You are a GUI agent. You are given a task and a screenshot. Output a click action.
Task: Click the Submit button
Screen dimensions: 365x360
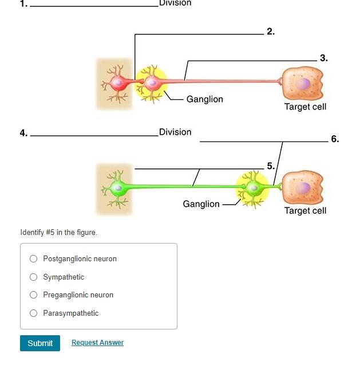(x=40, y=343)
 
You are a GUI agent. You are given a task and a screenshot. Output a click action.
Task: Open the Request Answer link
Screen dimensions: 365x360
(x=97, y=343)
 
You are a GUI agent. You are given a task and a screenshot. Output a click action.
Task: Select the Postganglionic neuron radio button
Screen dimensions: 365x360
(x=34, y=259)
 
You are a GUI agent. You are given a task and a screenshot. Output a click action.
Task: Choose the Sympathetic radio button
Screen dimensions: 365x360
(x=34, y=277)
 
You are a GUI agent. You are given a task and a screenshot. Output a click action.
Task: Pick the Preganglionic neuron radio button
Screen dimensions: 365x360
(x=34, y=295)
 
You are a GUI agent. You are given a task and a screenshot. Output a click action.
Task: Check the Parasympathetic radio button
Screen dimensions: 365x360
(x=34, y=313)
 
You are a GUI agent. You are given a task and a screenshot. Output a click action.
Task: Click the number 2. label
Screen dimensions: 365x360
(x=271, y=32)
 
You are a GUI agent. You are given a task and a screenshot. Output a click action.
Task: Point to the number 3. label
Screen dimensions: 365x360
(x=324, y=58)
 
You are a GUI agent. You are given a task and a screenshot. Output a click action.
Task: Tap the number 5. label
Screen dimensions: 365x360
(x=271, y=166)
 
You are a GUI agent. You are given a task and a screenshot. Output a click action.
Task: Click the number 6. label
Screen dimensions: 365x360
(x=335, y=139)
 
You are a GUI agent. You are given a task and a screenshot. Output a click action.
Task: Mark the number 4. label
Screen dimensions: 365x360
(x=23, y=133)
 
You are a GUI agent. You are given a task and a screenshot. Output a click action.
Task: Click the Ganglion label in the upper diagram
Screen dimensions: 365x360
(x=204, y=99)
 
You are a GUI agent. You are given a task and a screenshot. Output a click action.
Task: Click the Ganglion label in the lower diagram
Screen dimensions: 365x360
(x=201, y=204)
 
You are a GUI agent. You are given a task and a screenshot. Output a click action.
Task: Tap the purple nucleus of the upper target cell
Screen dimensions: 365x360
(x=303, y=84)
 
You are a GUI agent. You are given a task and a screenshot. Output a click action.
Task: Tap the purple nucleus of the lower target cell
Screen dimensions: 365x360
(x=303, y=188)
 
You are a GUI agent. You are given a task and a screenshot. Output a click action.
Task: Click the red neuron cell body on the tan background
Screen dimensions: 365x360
(x=118, y=84)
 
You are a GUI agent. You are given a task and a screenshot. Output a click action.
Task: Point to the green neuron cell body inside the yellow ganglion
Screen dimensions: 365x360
(x=251, y=187)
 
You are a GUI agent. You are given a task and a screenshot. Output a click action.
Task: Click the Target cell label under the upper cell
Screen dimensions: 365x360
(x=305, y=107)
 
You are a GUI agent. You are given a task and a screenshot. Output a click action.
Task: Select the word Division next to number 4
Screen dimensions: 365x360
(x=175, y=132)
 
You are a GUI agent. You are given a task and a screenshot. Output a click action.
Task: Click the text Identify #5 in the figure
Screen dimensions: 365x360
(x=58, y=232)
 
